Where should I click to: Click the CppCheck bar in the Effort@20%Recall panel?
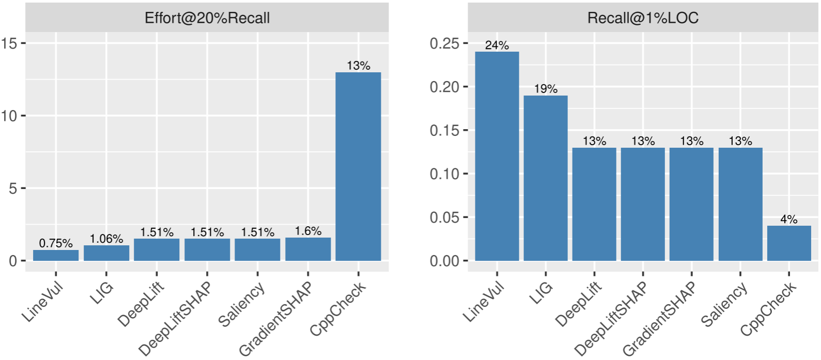coord(358,166)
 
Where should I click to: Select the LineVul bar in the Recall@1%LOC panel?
coord(497,156)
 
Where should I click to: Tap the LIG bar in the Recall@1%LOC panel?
coord(546,178)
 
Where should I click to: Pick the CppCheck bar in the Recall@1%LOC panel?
coord(789,243)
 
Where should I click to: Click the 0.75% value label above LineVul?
coord(56,243)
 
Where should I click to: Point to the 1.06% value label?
coord(106,239)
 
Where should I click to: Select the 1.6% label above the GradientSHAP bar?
coord(308,231)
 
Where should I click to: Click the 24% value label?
coord(497,45)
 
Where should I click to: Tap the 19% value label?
coord(546,89)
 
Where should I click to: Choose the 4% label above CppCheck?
coord(789,219)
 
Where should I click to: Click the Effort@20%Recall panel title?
coord(207,18)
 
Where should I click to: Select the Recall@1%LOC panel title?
coord(643,18)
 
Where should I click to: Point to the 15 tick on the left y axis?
coord(9,43)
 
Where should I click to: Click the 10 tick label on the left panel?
coord(9,116)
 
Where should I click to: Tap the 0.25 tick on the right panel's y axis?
coord(444,43)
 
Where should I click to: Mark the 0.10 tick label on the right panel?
coord(444,174)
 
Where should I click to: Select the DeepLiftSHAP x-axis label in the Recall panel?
coord(611,319)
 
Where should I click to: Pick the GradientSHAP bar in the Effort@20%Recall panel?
coord(308,249)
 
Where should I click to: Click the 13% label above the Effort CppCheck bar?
coord(358,66)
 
